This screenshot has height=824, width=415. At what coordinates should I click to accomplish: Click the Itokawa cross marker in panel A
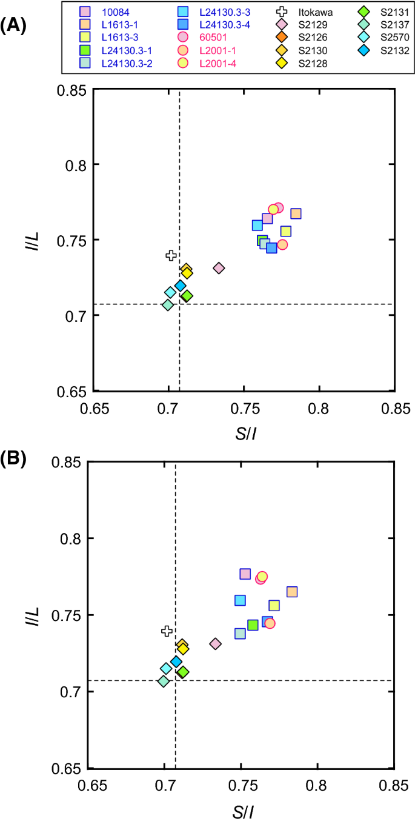point(171,255)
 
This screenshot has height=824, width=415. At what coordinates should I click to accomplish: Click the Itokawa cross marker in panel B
point(167,631)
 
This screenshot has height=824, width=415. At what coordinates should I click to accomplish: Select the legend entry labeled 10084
point(109,12)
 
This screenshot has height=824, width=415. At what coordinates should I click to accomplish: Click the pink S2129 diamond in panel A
point(219,268)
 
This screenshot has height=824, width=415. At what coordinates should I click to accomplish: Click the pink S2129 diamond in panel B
point(215,644)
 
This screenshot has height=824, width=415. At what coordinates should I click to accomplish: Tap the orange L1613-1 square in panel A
point(296,213)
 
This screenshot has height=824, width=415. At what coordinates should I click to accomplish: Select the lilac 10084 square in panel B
point(245,574)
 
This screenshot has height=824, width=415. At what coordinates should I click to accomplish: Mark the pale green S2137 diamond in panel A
point(168,305)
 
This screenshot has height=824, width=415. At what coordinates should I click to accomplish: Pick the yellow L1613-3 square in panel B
point(274,605)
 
